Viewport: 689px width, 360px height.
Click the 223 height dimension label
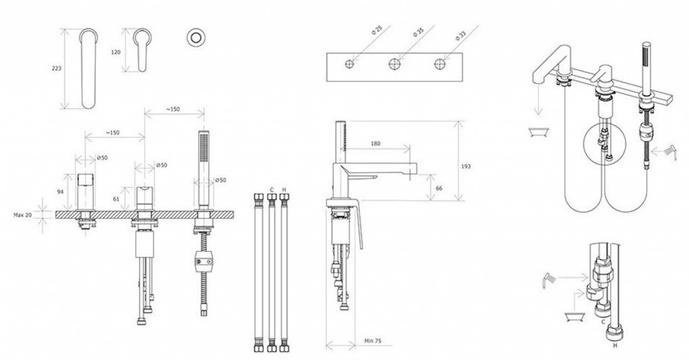tap(57, 69)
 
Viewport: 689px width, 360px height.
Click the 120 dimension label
tap(116, 52)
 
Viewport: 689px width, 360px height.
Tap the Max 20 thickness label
tap(23, 215)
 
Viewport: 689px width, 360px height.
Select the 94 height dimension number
tap(61, 192)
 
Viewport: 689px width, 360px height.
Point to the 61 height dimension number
tap(116, 199)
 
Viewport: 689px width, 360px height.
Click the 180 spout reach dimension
tap(375, 143)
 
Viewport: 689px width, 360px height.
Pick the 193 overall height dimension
tap(466, 166)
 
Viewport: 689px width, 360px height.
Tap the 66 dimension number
tap(439, 188)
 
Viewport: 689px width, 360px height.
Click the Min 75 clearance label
tap(373, 340)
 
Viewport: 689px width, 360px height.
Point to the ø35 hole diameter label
tap(419, 32)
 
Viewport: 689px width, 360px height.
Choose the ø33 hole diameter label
tap(460, 36)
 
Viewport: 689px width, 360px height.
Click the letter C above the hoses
tap(272, 190)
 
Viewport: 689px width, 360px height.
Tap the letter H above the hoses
tap(285, 190)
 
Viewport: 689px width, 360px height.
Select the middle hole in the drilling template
tap(394, 64)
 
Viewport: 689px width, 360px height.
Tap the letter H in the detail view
tap(615, 346)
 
